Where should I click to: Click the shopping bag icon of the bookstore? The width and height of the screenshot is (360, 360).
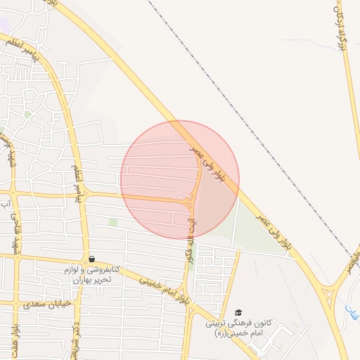(x=92, y=259)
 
